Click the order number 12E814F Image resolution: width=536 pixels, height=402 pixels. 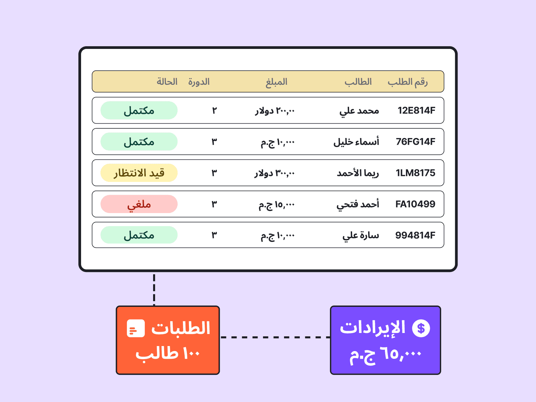point(416,111)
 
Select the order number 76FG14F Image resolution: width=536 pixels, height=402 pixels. point(415,142)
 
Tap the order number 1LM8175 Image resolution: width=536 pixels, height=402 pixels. point(415,173)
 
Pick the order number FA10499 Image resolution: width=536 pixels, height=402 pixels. point(415,204)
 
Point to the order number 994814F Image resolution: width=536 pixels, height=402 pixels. point(415,235)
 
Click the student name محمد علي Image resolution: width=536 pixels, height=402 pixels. point(359,111)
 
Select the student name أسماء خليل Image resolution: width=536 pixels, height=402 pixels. point(356,142)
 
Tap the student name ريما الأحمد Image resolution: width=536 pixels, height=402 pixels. point(358,173)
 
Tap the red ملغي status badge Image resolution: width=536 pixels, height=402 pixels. point(139,204)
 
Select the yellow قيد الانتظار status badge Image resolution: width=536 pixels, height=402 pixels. point(139,173)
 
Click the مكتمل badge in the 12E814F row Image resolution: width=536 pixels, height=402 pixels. point(139,110)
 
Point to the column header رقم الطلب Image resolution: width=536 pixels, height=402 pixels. point(408,82)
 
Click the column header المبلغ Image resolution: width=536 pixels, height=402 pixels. point(276,82)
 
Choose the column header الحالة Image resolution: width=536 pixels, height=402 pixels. point(167,81)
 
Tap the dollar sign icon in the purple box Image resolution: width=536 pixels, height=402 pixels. point(421,328)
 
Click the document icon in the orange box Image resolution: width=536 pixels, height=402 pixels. point(136,328)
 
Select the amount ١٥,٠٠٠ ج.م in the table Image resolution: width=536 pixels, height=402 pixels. point(277,205)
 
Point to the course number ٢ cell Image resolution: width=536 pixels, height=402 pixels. point(214,111)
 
